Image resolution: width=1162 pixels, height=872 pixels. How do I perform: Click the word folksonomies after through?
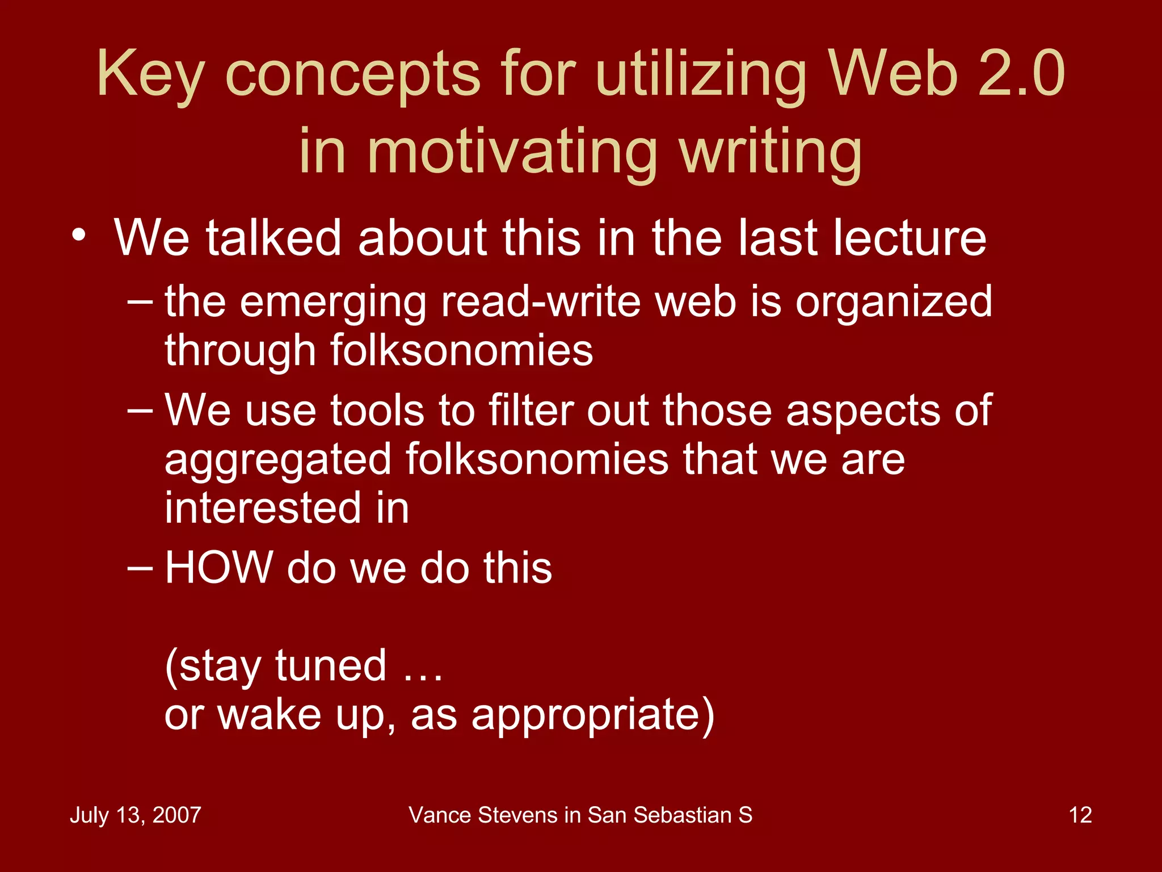pyautogui.click(x=461, y=350)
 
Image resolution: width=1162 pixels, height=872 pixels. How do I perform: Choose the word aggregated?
pyautogui.click(x=278, y=460)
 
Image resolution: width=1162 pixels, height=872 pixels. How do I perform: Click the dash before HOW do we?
pyautogui.click(x=140, y=567)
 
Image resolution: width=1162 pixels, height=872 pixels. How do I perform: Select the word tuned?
pyautogui.click(x=331, y=665)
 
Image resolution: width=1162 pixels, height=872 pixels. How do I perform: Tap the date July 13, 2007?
pyautogui.click(x=135, y=815)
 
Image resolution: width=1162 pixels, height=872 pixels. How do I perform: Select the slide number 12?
pyautogui.click(x=1080, y=815)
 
